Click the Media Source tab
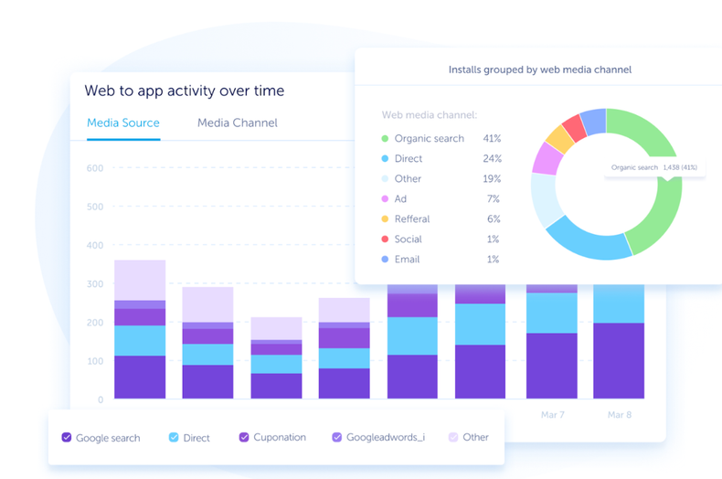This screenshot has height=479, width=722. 123,122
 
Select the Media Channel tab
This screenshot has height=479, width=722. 237,122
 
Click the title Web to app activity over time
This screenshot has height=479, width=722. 184,90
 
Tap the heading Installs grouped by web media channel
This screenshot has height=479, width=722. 539,69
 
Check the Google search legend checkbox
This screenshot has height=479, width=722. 67,438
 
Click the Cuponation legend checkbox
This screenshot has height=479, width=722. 244,438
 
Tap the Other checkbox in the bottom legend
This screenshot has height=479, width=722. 452,438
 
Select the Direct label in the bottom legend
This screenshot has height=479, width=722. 196,438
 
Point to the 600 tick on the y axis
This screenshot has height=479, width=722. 95,168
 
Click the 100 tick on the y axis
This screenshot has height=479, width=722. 95,361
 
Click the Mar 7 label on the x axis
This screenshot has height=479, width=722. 551,414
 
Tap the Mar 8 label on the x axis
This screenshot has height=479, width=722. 620,414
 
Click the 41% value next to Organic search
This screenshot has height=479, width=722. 492,139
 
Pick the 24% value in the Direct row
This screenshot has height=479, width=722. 492,159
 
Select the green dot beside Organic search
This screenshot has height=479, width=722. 385,139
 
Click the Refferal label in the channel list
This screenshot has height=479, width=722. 412,219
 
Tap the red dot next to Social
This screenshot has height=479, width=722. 385,239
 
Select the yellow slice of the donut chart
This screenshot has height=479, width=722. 558,138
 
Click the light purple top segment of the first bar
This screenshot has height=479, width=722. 140,280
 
